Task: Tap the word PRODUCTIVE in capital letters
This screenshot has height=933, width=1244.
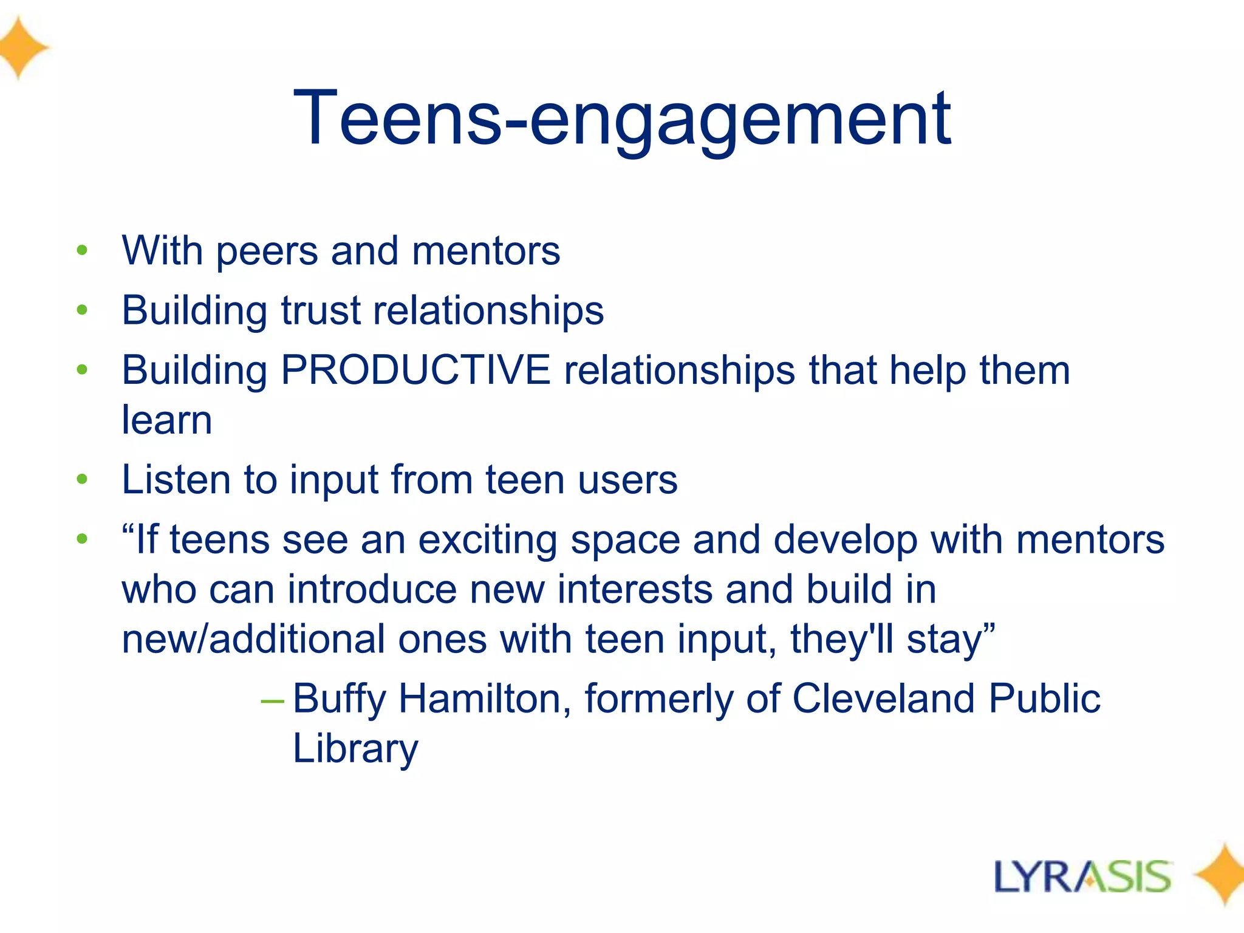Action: [415, 370]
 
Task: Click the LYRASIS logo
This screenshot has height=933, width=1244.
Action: [1082, 877]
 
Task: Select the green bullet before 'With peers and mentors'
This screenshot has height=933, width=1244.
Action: [83, 250]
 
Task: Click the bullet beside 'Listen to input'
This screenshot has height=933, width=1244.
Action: [83, 479]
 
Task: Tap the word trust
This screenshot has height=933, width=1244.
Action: [320, 310]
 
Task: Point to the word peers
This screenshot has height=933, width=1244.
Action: [267, 251]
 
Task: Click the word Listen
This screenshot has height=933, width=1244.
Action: [176, 479]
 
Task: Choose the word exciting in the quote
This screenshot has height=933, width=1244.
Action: [488, 539]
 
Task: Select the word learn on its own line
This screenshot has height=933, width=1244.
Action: [167, 420]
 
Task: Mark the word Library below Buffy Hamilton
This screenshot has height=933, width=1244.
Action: [355, 748]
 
